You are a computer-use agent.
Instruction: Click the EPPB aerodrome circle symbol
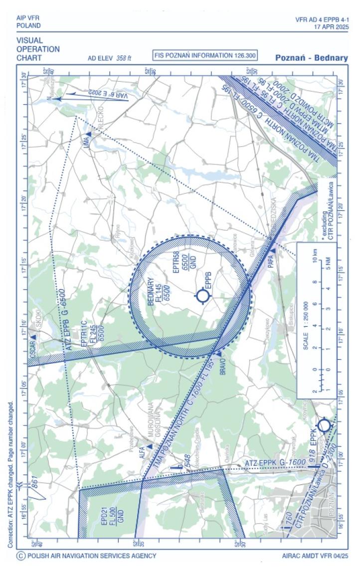(203, 296)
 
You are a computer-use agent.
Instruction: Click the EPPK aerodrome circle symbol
(324, 426)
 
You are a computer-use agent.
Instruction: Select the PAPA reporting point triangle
(273, 251)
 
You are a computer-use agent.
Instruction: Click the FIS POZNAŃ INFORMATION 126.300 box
(205, 55)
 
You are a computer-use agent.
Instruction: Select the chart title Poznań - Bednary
(312, 58)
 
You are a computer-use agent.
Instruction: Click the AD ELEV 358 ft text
(109, 58)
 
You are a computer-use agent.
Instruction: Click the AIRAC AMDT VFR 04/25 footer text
(315, 556)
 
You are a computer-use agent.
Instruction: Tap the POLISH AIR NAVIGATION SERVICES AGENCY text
(92, 556)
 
